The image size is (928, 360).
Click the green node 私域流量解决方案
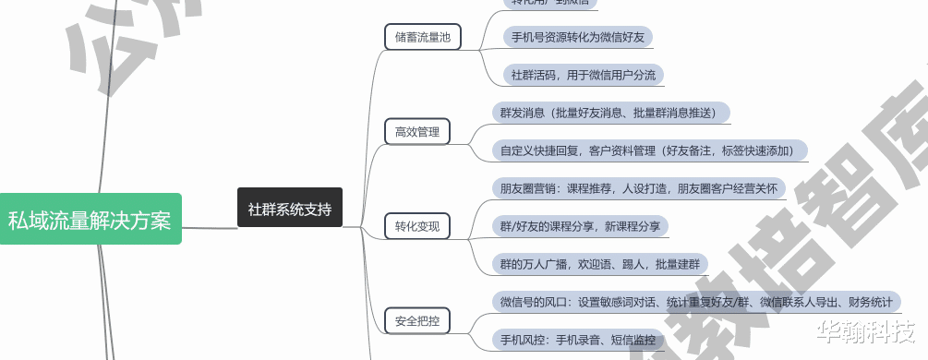[90, 220]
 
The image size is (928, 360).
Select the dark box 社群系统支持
[289, 209]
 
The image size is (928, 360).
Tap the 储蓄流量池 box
[422, 37]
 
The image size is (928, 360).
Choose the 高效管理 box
[416, 132]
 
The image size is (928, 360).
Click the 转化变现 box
[416, 226]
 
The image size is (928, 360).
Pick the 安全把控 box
[416, 320]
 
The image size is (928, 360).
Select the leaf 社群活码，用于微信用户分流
[584, 75]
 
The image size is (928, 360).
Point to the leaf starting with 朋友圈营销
[637, 188]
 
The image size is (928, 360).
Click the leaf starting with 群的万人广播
[598, 264]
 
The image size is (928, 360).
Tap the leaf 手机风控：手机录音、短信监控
[578, 340]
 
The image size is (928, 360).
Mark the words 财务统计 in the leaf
[869, 302]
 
